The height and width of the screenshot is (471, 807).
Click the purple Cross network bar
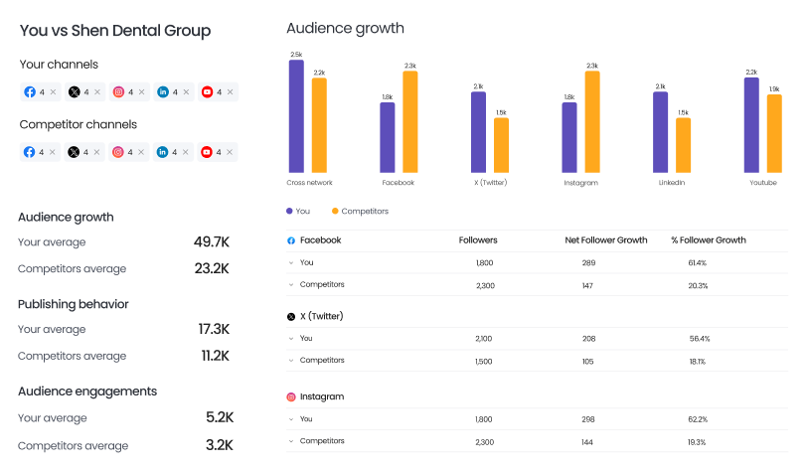coord(296,116)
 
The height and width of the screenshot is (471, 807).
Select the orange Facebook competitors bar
coord(409,121)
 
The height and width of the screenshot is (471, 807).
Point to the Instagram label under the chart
coord(580,183)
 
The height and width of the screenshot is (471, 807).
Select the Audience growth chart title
coord(345,28)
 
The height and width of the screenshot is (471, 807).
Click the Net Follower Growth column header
coord(605,240)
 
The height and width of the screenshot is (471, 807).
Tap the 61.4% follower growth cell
coord(697,262)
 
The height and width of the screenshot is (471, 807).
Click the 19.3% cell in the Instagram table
coord(697,440)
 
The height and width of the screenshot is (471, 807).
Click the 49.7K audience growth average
coord(212,242)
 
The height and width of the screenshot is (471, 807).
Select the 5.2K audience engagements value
coord(218,418)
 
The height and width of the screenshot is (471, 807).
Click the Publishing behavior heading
coord(74,304)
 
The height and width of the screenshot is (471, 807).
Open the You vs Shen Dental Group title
coord(115,31)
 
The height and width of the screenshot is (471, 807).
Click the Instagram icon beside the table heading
coord(291,396)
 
